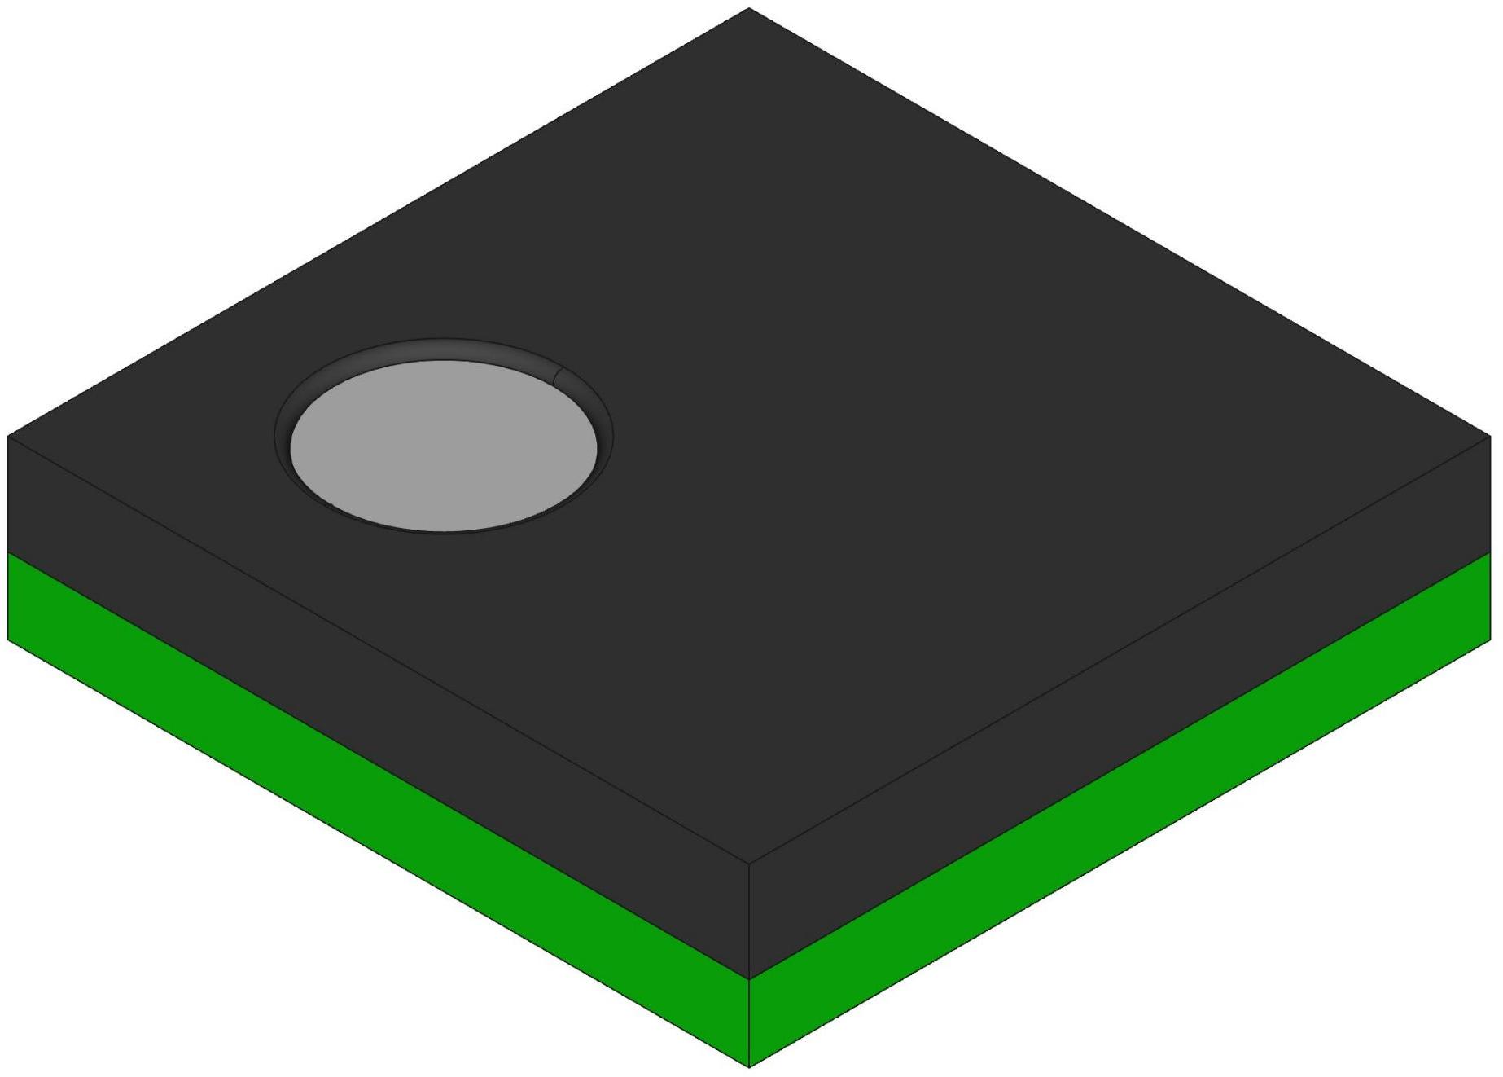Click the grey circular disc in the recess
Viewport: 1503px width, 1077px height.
[x=444, y=446]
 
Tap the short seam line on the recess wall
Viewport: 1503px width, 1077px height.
[x=559, y=376]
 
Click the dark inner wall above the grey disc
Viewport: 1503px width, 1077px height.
[x=444, y=350]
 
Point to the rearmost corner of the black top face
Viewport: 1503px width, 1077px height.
[x=749, y=9]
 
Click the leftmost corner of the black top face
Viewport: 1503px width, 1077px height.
[x=8, y=437]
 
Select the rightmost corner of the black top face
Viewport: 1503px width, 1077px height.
[x=1490, y=437]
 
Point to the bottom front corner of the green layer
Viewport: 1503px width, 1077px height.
[x=749, y=1066]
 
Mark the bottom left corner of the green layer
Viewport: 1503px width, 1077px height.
[x=8, y=640]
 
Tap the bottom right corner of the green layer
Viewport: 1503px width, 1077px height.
[x=1490, y=640]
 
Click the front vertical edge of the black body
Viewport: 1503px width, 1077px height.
[x=749, y=921]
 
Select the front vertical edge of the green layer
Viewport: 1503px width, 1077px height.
[x=749, y=1022]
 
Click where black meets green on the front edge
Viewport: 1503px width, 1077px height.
[x=749, y=978]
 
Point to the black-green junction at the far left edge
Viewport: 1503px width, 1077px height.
[x=8, y=552]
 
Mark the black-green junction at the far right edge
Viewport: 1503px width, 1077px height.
[x=1490, y=552]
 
